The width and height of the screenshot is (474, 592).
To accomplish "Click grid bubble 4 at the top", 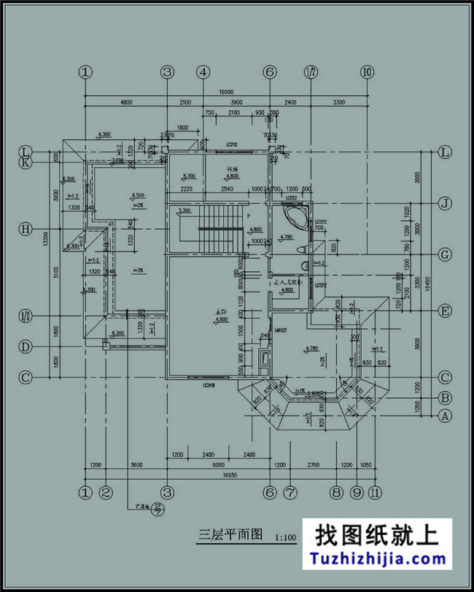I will [203, 72].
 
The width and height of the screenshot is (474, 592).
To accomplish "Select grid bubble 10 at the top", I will [366, 72].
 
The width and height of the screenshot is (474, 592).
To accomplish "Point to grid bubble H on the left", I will [25, 229].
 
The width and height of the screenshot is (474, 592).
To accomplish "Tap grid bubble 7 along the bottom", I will [290, 492].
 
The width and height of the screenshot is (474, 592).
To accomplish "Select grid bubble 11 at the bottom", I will [376, 492].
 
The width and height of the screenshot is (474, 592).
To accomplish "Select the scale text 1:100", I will [285, 539].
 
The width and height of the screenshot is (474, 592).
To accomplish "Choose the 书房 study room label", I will [232, 168].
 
